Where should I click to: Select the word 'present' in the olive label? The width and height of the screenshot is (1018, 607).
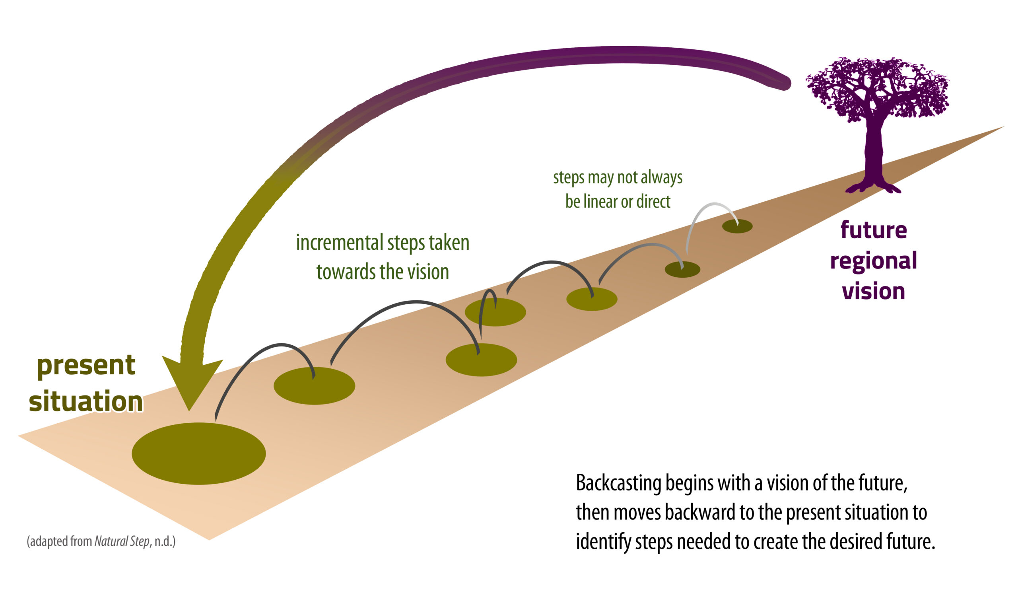point(86,365)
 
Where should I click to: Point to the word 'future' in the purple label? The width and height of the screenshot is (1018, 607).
point(874,230)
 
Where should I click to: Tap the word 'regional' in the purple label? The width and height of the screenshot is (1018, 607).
point(874,261)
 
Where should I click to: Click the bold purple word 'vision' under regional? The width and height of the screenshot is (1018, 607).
point(874,291)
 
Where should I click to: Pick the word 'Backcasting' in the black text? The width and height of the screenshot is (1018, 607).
point(619,483)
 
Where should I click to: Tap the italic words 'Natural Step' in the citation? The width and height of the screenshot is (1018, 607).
point(122,541)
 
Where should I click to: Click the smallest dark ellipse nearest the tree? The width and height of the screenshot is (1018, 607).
point(737,226)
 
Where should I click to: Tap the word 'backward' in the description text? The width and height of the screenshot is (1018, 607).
point(700,512)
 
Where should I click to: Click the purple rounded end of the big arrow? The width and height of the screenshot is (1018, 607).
point(783,83)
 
